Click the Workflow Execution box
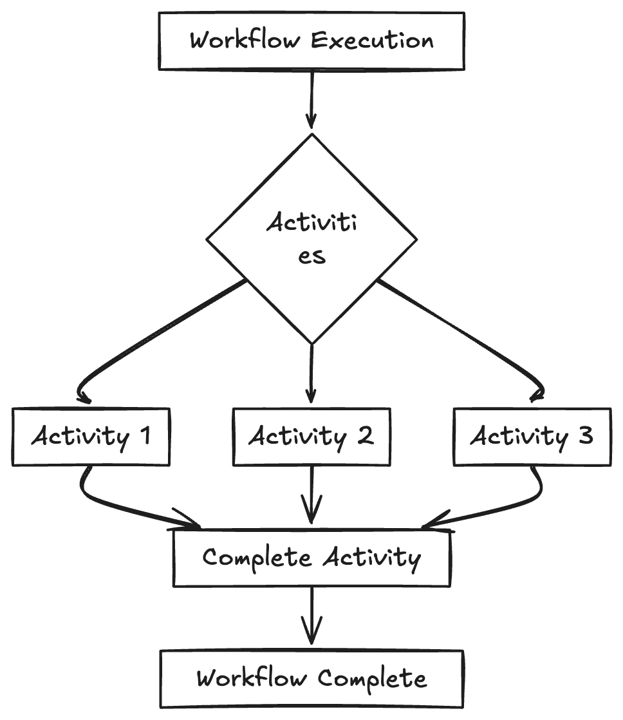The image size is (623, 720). [x=311, y=41]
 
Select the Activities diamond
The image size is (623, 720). [x=311, y=239]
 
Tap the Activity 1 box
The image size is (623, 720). [x=91, y=436]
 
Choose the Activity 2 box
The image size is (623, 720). [x=311, y=436]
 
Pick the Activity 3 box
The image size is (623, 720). [x=532, y=436]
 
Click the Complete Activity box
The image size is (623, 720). [x=311, y=558]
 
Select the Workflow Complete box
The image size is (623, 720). [x=311, y=679]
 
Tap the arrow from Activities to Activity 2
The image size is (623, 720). [x=311, y=374]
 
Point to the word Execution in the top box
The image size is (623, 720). [x=372, y=41]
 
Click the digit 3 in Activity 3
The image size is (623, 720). [x=585, y=436]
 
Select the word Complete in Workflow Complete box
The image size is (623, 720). [x=372, y=679]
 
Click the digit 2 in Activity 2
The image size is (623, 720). [x=364, y=436]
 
